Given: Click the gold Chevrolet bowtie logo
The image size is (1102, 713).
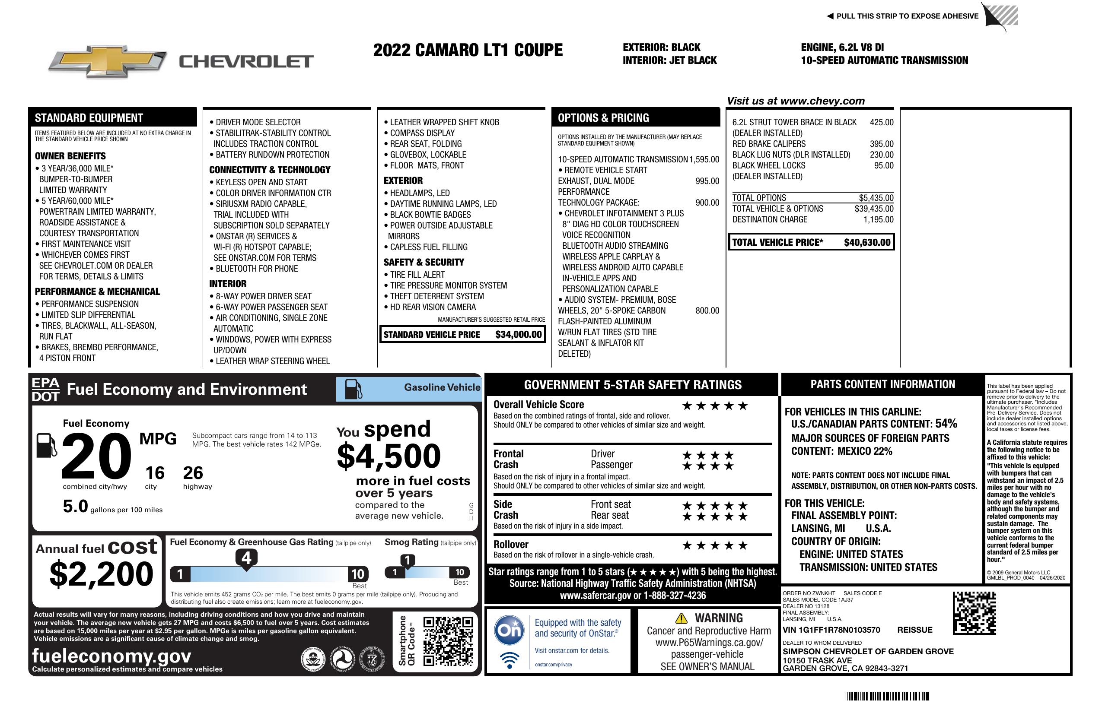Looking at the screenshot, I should click(108, 61).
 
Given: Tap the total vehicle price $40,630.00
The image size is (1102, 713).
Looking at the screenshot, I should click(867, 242).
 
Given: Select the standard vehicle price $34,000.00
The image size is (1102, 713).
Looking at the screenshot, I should click(518, 335).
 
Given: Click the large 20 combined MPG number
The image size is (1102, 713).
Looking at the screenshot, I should click(96, 456).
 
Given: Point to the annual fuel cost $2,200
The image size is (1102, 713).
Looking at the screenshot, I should click(102, 574).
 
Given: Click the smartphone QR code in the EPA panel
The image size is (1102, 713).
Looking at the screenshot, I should click(448, 640).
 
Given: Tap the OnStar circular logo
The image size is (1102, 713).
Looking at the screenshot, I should click(509, 630).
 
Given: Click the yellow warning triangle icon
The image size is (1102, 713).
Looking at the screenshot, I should click(681, 618).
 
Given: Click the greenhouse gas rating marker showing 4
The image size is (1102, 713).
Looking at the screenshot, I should click(246, 558).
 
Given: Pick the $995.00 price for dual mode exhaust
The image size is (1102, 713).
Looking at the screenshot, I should click(707, 181).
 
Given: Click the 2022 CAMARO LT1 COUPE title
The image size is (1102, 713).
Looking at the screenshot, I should click(468, 50).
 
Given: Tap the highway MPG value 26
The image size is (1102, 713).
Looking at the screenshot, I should click(193, 473).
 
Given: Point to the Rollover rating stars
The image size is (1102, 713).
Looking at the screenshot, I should click(715, 545).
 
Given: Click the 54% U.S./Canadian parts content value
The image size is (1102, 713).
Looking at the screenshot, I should click(946, 423).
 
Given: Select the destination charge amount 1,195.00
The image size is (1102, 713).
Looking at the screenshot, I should click(878, 219).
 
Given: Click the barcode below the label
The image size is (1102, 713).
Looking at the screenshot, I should click(887, 696).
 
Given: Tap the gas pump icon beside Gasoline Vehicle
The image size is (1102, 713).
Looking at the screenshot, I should click(354, 389).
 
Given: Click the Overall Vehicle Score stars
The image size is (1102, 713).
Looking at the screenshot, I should click(715, 406).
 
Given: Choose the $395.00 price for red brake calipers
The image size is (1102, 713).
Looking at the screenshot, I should click(881, 144).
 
